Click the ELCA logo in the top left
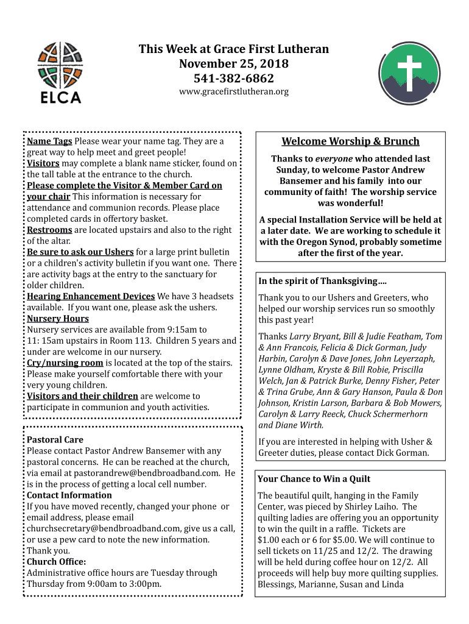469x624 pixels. point(59,72)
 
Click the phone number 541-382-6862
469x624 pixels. point(234,79)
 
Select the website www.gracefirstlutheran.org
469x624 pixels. point(234,92)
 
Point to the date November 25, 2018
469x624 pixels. point(234,64)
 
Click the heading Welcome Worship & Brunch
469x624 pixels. point(350,141)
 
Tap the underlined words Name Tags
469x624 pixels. point(50,141)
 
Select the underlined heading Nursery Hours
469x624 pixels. point(58,319)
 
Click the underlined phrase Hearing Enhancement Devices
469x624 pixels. point(91,297)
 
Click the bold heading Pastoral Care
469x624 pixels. point(55,440)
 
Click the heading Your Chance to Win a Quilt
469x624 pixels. point(314,480)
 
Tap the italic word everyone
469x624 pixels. point(335,158)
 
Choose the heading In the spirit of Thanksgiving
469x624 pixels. point(322,282)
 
